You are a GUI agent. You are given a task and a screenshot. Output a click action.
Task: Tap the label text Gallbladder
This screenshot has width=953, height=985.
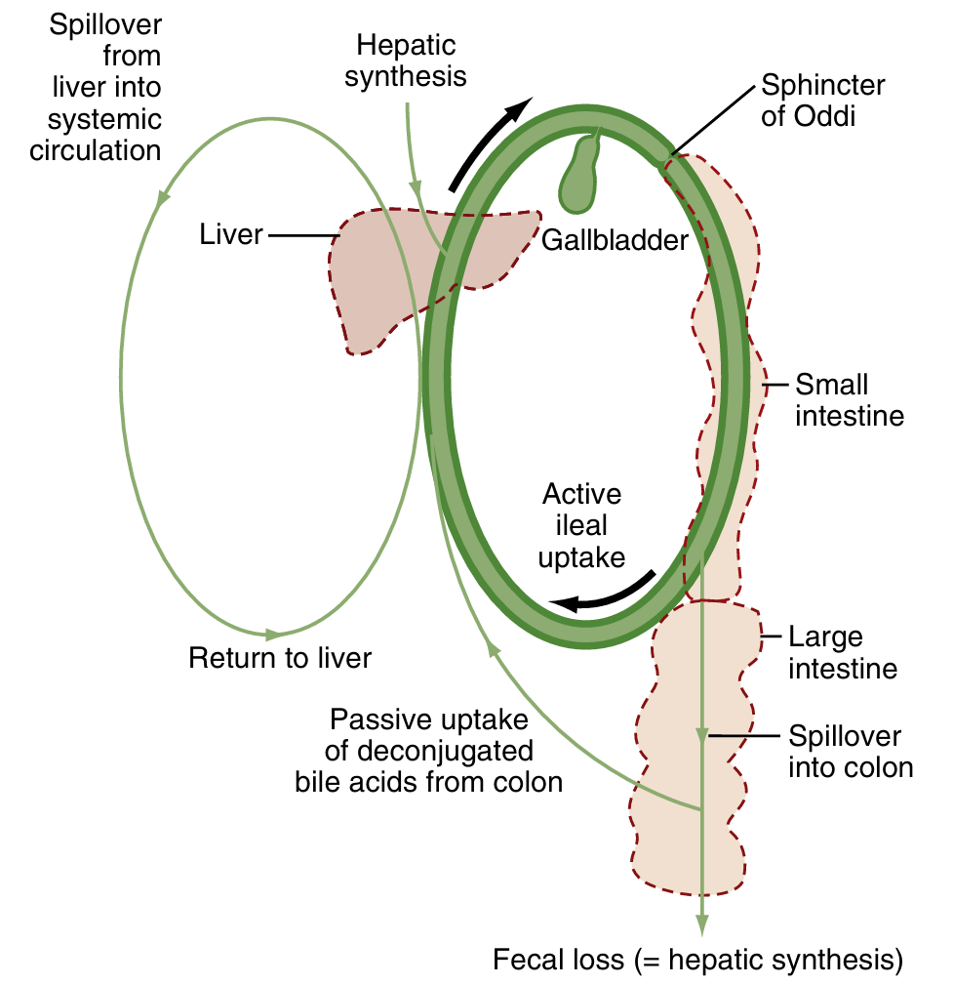[615, 240]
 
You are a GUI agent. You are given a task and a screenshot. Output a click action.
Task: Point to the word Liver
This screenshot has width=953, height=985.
[231, 234]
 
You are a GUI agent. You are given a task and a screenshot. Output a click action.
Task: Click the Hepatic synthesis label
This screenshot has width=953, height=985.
[406, 61]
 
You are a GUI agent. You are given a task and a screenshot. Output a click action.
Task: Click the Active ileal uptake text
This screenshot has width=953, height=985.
[582, 525]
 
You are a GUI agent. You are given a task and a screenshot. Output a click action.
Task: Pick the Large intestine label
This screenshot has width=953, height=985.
[841, 653]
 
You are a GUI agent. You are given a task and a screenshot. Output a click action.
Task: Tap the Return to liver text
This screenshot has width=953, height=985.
[280, 658]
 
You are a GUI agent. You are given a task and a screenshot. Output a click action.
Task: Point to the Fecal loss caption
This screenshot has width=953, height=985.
[697, 960]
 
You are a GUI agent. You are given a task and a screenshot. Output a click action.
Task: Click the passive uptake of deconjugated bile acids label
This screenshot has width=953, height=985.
[429, 751]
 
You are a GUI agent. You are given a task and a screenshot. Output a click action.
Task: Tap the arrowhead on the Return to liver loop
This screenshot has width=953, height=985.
[272, 636]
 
